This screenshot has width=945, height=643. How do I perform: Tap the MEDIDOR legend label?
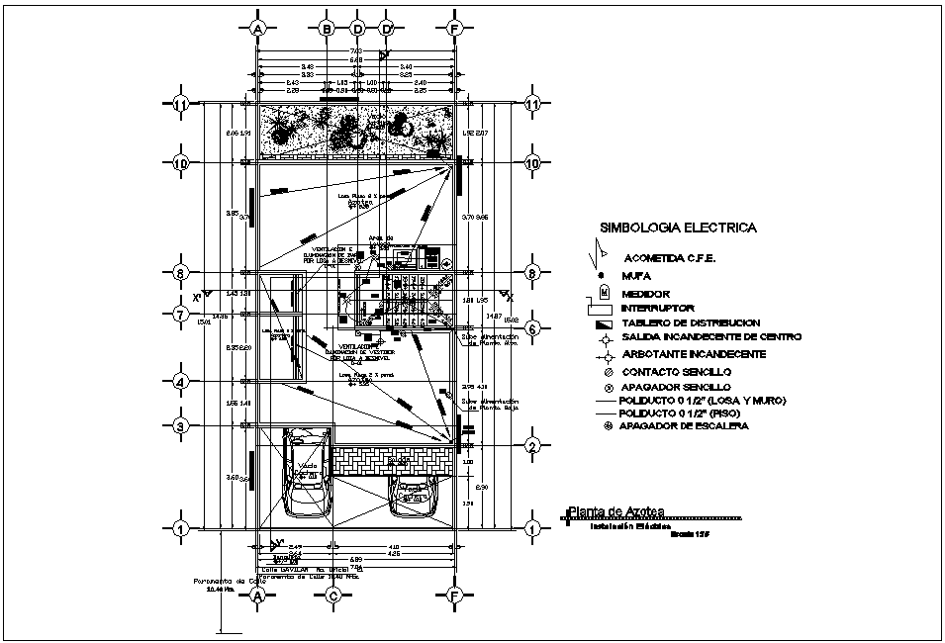(x=646, y=294)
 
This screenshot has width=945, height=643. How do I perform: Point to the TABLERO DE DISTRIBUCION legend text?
(x=691, y=322)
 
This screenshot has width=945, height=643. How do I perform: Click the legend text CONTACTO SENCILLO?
(x=676, y=370)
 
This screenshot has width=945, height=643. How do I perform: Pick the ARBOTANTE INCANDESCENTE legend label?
(x=693, y=353)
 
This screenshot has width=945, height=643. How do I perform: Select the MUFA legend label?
(x=635, y=276)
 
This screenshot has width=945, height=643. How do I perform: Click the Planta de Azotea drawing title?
(x=615, y=510)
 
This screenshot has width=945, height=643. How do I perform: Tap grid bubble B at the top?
(x=326, y=29)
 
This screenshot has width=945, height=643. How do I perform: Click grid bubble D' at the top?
(x=387, y=29)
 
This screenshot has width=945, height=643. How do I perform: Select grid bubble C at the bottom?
(x=333, y=596)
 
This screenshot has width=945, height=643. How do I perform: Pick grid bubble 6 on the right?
(x=532, y=329)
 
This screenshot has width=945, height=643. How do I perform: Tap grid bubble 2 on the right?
(x=532, y=447)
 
